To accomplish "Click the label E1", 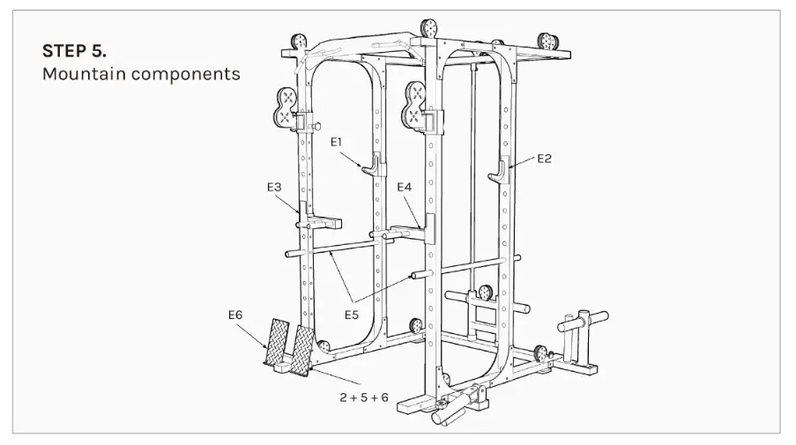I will click(339, 141).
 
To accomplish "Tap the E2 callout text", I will click(544, 159).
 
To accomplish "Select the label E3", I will click(274, 187).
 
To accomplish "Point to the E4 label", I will click(404, 187).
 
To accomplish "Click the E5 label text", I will click(352, 313).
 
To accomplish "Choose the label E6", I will click(234, 315).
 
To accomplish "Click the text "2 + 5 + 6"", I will click(363, 397).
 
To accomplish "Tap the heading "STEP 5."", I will click(74, 49).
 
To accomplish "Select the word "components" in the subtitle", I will click(186, 74).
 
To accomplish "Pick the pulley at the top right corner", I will click(547, 41).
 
